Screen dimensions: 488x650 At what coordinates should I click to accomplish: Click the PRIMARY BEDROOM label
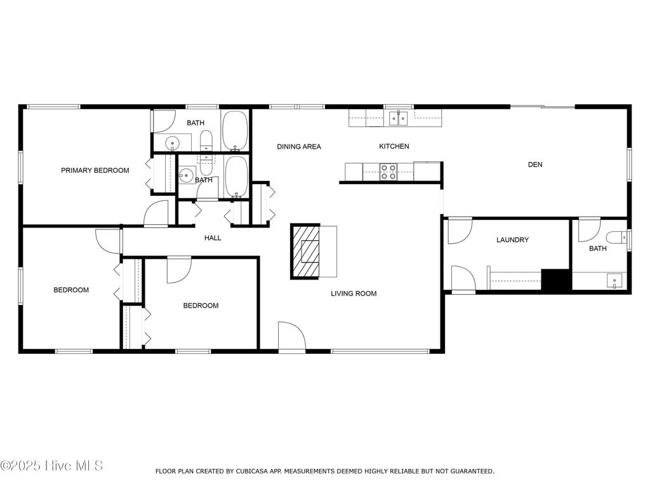(x=95, y=170)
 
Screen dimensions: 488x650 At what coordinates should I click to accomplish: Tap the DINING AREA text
(x=299, y=147)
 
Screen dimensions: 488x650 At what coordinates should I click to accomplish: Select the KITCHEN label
(x=394, y=147)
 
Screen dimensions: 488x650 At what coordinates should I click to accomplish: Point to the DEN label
(x=535, y=165)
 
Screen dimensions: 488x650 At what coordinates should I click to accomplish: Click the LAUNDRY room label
(x=512, y=240)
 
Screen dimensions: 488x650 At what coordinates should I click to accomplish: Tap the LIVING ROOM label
(x=354, y=294)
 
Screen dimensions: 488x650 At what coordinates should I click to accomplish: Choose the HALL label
(x=213, y=238)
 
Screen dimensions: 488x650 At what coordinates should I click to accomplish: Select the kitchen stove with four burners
(x=388, y=170)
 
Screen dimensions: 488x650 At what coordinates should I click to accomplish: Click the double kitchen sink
(x=398, y=117)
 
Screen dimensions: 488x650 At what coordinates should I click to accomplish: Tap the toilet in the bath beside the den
(x=615, y=238)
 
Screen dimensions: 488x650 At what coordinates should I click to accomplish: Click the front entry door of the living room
(x=291, y=335)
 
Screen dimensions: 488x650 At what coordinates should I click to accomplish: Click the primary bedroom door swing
(x=156, y=213)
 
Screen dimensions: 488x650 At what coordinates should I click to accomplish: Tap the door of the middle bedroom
(x=178, y=269)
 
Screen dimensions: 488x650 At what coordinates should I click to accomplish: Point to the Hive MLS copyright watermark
(x=51, y=466)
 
